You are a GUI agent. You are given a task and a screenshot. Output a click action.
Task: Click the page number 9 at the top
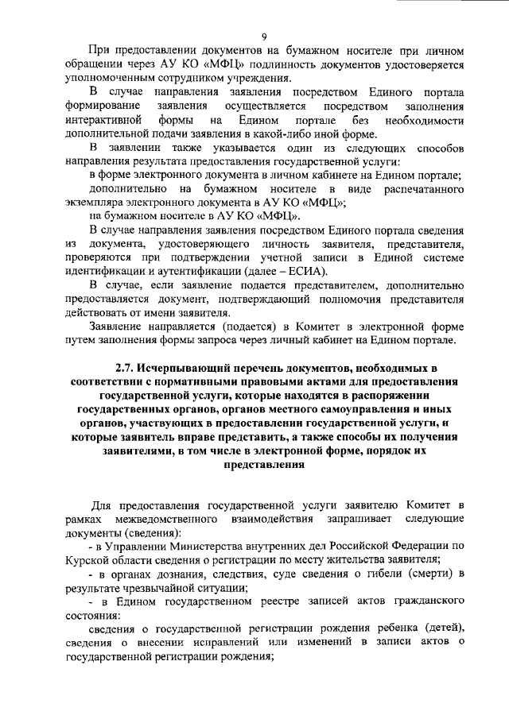click(x=262, y=34)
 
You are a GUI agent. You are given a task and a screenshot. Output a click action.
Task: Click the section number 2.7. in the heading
click(x=128, y=369)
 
